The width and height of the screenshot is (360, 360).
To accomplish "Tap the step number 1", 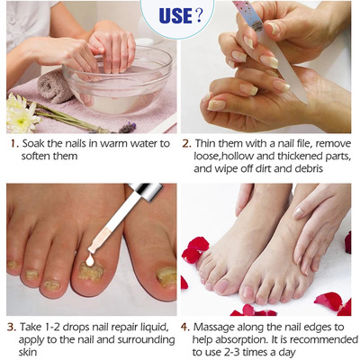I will tap(11, 144).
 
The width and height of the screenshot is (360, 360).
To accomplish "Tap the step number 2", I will tap(186, 144).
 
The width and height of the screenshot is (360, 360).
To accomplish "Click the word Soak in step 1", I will tap(34, 144).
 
